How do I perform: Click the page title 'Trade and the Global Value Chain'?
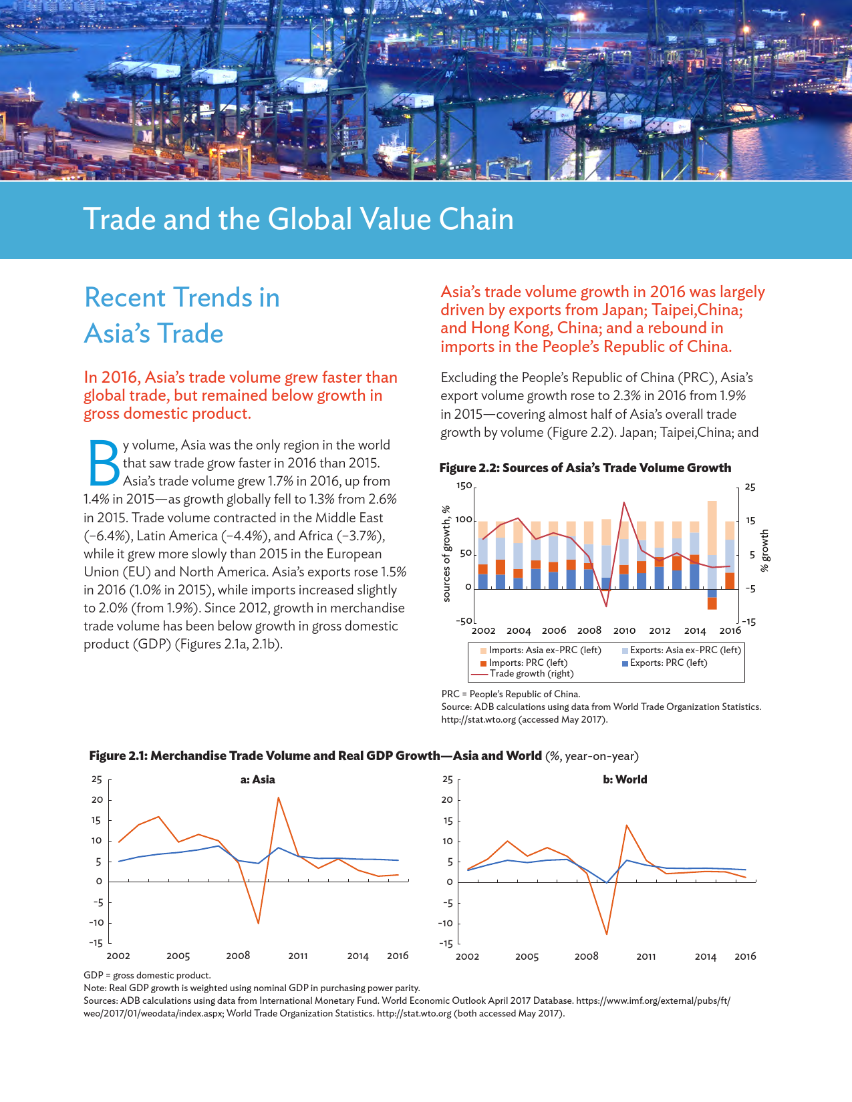(x=298, y=219)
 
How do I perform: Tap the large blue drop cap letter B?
(x=103, y=463)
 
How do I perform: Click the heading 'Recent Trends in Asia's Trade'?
(x=182, y=315)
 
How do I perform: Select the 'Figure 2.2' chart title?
(x=585, y=468)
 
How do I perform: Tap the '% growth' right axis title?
(x=765, y=551)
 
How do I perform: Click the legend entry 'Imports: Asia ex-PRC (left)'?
(x=545, y=650)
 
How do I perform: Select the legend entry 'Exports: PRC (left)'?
(x=668, y=663)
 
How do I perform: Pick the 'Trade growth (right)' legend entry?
(x=531, y=673)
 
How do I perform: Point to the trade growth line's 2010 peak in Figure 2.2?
(x=624, y=503)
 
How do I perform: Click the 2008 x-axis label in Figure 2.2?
(x=589, y=630)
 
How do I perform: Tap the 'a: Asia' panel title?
(x=258, y=779)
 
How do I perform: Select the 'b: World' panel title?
(x=625, y=779)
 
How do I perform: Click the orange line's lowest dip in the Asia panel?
(x=259, y=923)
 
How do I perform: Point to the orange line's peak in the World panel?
(x=627, y=825)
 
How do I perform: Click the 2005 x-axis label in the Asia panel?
(x=178, y=956)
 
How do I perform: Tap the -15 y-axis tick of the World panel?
(x=446, y=944)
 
